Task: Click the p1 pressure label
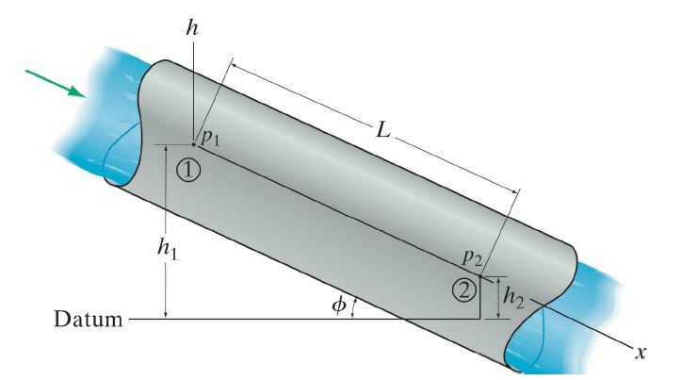pyautogui.click(x=210, y=138)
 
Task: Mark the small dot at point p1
pyautogui.click(x=193, y=144)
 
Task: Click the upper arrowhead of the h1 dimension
pyautogui.click(x=165, y=150)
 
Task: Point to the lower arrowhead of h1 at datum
pyautogui.click(x=165, y=314)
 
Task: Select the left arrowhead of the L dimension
pyautogui.click(x=234, y=65)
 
